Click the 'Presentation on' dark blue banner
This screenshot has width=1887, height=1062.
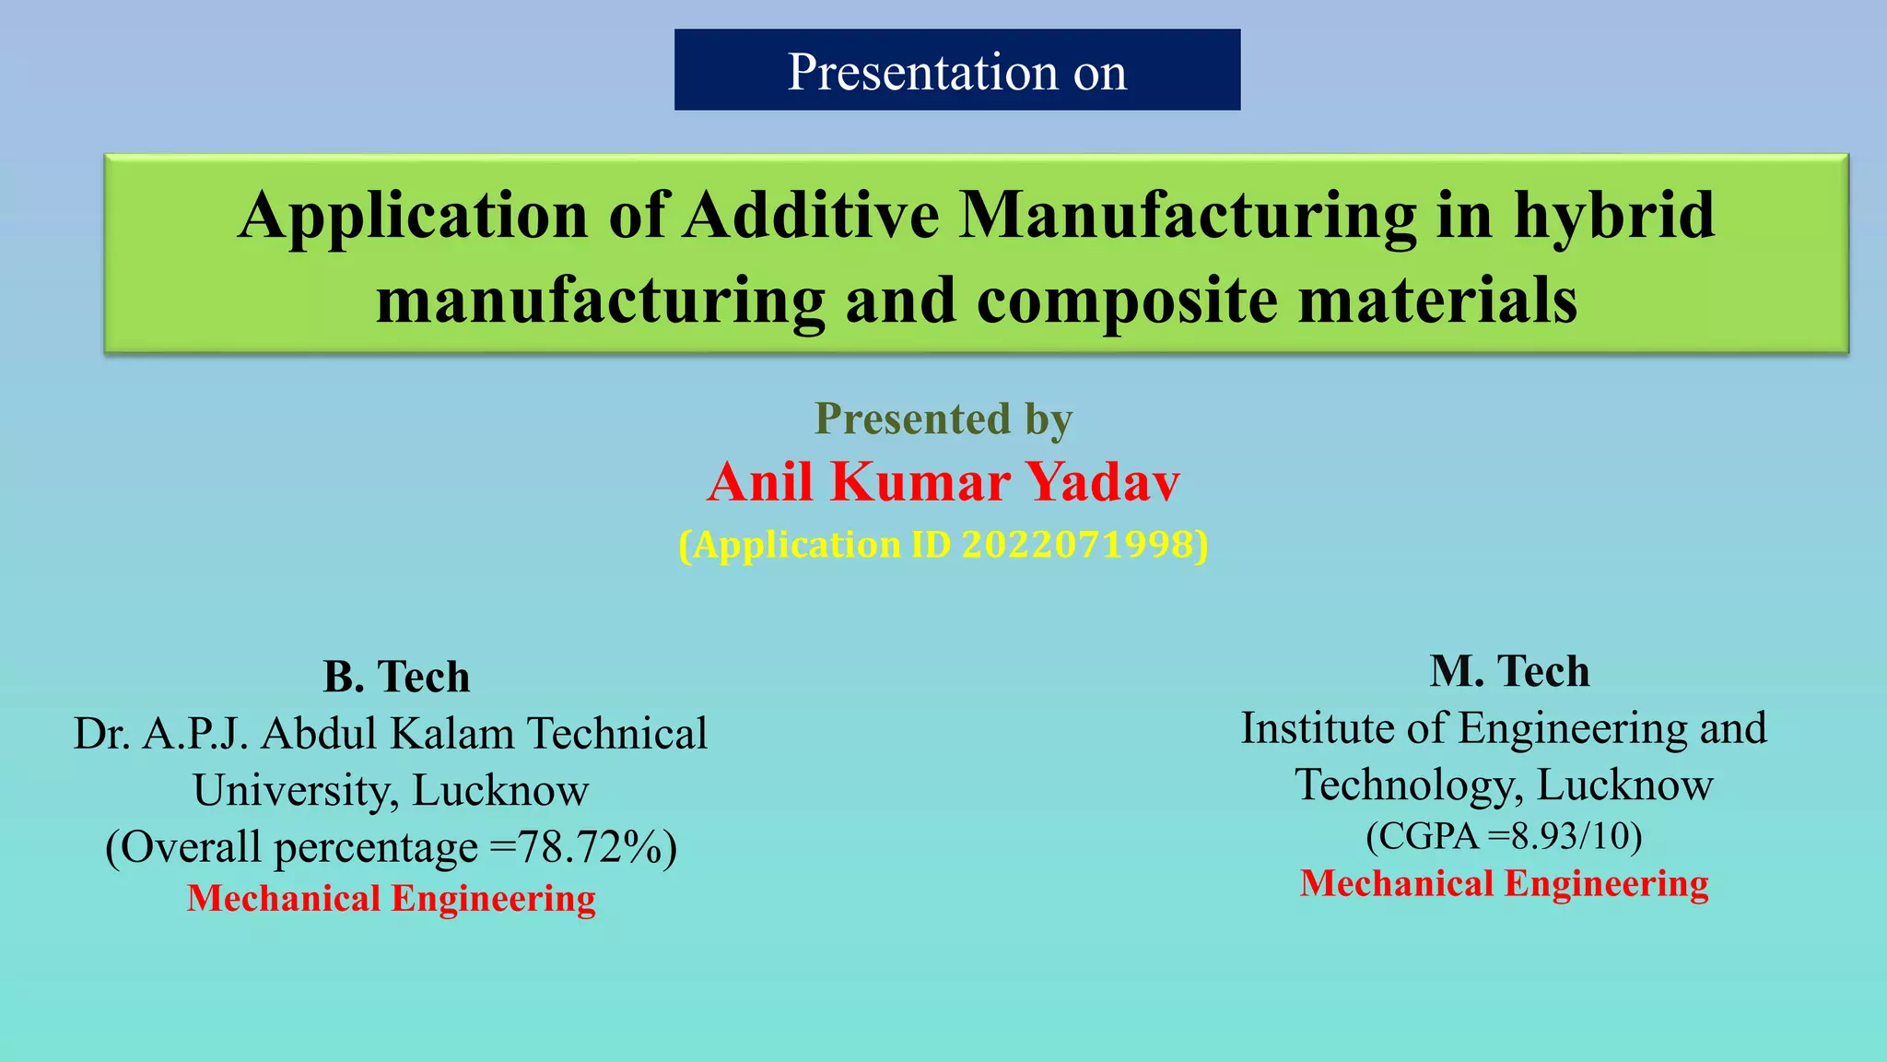pos(956,70)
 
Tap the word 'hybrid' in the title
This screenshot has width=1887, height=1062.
pos(1613,216)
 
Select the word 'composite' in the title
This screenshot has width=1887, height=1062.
pos(1126,301)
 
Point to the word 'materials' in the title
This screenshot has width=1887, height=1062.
pos(1437,301)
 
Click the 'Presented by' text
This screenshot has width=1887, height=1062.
pos(943,419)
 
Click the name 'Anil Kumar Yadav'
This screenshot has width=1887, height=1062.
pos(943,481)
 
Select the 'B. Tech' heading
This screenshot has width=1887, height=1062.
pos(396,677)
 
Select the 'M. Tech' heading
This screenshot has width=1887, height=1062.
pos(1509,671)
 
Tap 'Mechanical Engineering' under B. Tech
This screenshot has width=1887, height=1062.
pos(392,899)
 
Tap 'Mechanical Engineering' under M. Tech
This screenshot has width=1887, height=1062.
pos(1504,883)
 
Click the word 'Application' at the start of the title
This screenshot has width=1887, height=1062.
pos(413,216)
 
